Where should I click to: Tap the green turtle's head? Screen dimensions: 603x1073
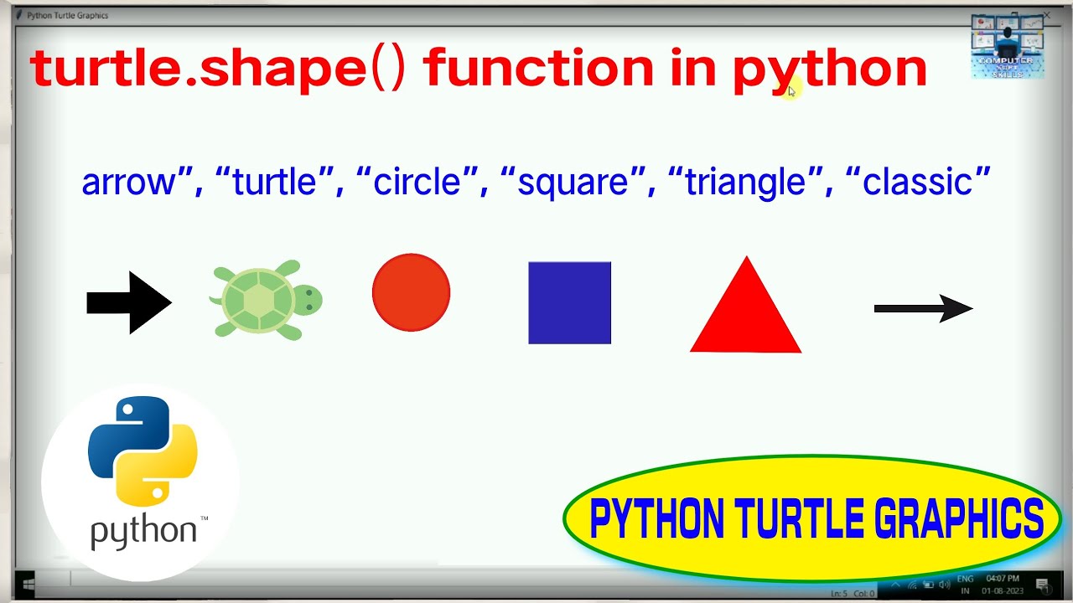click(308, 301)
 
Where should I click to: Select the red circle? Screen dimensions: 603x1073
click(411, 292)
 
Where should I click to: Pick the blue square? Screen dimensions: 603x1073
click(569, 302)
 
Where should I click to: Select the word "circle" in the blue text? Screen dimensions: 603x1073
click(417, 182)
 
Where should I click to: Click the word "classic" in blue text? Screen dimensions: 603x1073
click(918, 182)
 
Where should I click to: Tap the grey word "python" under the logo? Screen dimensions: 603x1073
click(143, 532)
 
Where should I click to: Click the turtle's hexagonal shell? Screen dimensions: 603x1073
click(258, 300)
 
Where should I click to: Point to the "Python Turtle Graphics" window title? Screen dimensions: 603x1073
click(67, 15)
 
